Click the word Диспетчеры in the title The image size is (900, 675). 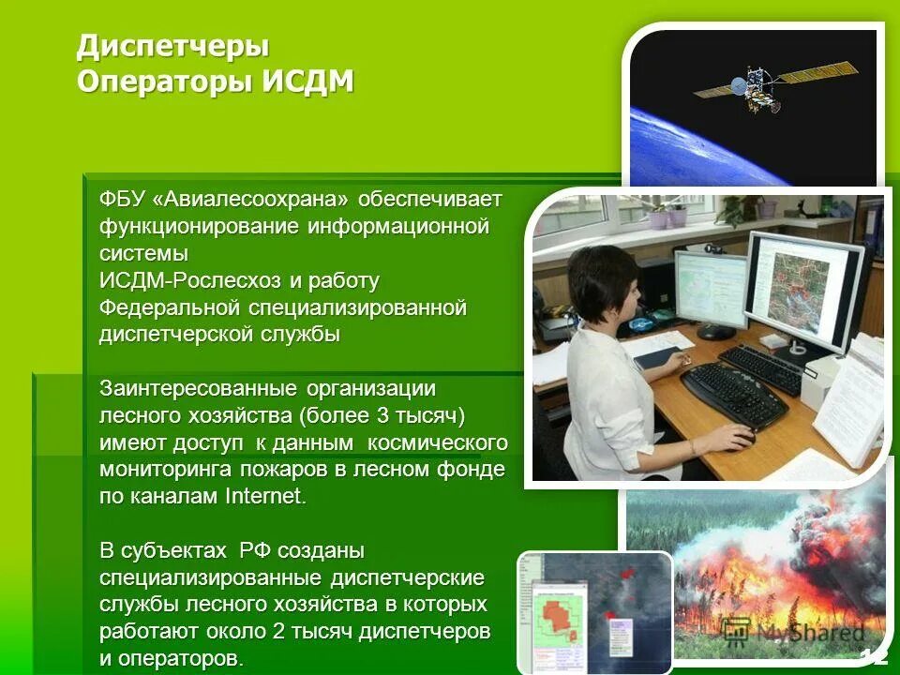[x=172, y=46]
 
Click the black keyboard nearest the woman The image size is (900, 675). [x=732, y=394]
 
